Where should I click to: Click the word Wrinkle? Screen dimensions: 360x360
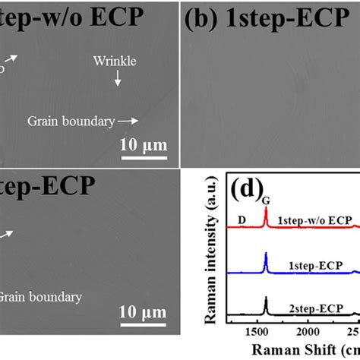click(x=115, y=61)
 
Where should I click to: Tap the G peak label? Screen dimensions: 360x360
click(x=266, y=199)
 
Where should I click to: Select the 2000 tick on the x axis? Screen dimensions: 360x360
click(x=307, y=332)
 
